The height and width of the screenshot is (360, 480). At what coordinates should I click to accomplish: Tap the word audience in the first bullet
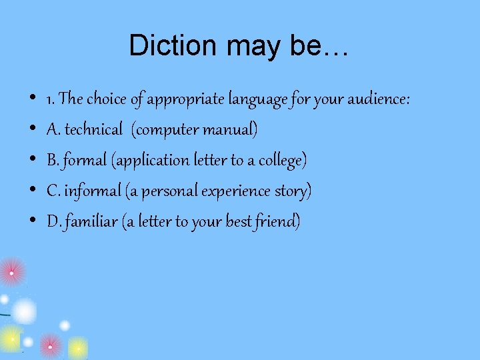coord(376,99)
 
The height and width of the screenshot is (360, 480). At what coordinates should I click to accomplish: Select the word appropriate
coord(185,100)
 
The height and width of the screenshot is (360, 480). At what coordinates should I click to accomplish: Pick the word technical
coord(93,129)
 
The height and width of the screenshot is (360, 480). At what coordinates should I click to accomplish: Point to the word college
coord(280,161)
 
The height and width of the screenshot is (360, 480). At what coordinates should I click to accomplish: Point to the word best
coord(239,221)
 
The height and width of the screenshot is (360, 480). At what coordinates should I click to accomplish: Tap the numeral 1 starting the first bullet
coord(49,100)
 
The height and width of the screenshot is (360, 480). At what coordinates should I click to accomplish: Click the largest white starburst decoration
coord(23,311)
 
